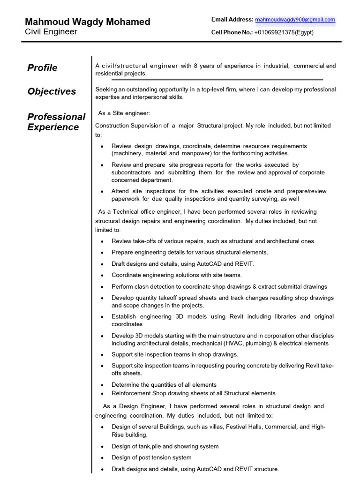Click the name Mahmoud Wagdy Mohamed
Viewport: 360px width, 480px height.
pos(87,22)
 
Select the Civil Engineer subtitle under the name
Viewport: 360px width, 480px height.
pos(51,32)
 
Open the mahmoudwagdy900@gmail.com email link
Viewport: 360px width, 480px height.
pos(295,20)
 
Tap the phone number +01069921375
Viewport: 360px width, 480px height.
pos(274,32)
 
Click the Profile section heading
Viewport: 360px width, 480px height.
pos(42,68)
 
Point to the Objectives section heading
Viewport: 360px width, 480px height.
pos(52,91)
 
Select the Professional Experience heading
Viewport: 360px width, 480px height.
pos(56,122)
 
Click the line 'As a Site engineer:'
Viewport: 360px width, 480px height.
pos(124,113)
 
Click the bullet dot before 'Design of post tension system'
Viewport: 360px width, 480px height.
pos(102,458)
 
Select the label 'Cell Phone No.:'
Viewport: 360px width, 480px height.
pos(232,32)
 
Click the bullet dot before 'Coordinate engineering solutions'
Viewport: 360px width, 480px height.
pos(102,276)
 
